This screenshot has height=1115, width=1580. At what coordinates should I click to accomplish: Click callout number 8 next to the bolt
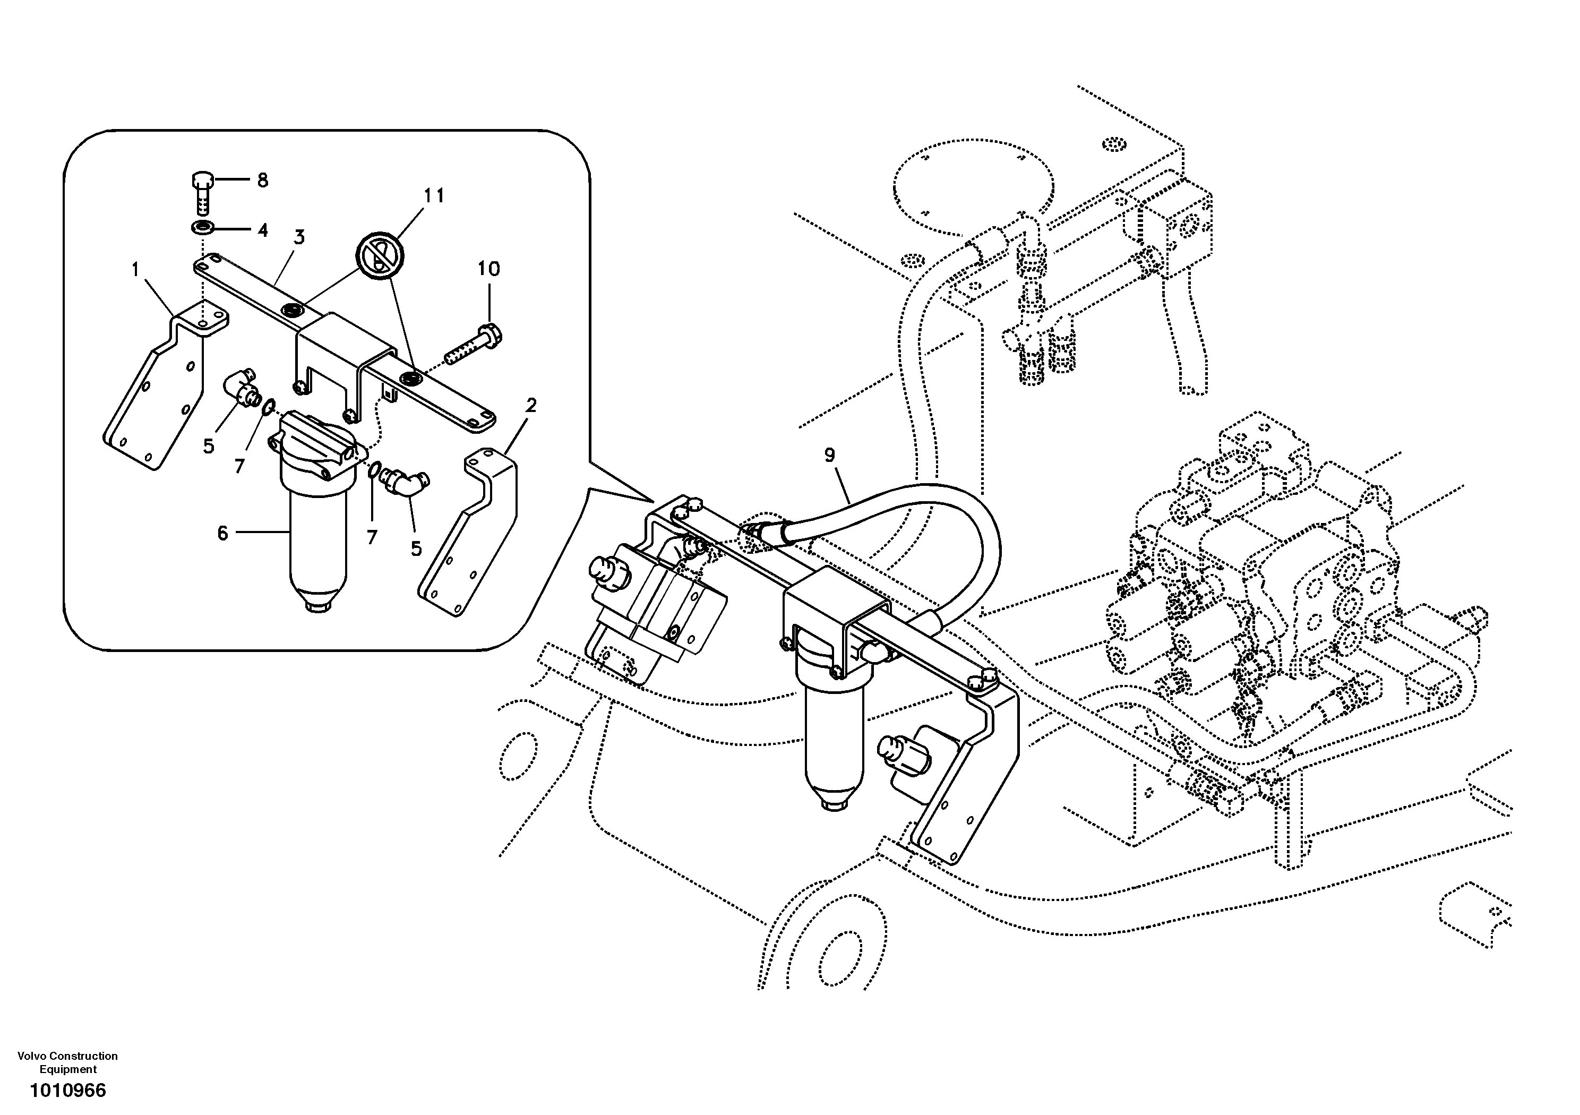point(262,181)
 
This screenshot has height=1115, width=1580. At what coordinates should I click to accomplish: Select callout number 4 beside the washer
point(262,230)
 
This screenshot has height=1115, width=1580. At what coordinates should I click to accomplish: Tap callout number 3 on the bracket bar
point(299,237)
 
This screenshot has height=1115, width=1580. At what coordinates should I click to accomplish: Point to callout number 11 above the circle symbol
point(434,195)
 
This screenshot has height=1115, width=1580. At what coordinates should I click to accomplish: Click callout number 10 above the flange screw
point(488,269)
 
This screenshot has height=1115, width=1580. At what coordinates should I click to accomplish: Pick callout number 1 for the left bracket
point(135,269)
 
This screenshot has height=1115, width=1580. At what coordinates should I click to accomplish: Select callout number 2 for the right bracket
point(530,406)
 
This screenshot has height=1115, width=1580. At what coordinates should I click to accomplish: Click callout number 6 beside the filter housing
point(222,533)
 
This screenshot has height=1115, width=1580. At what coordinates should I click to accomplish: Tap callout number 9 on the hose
point(829,455)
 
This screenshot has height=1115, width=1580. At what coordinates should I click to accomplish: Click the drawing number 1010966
point(67,1090)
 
